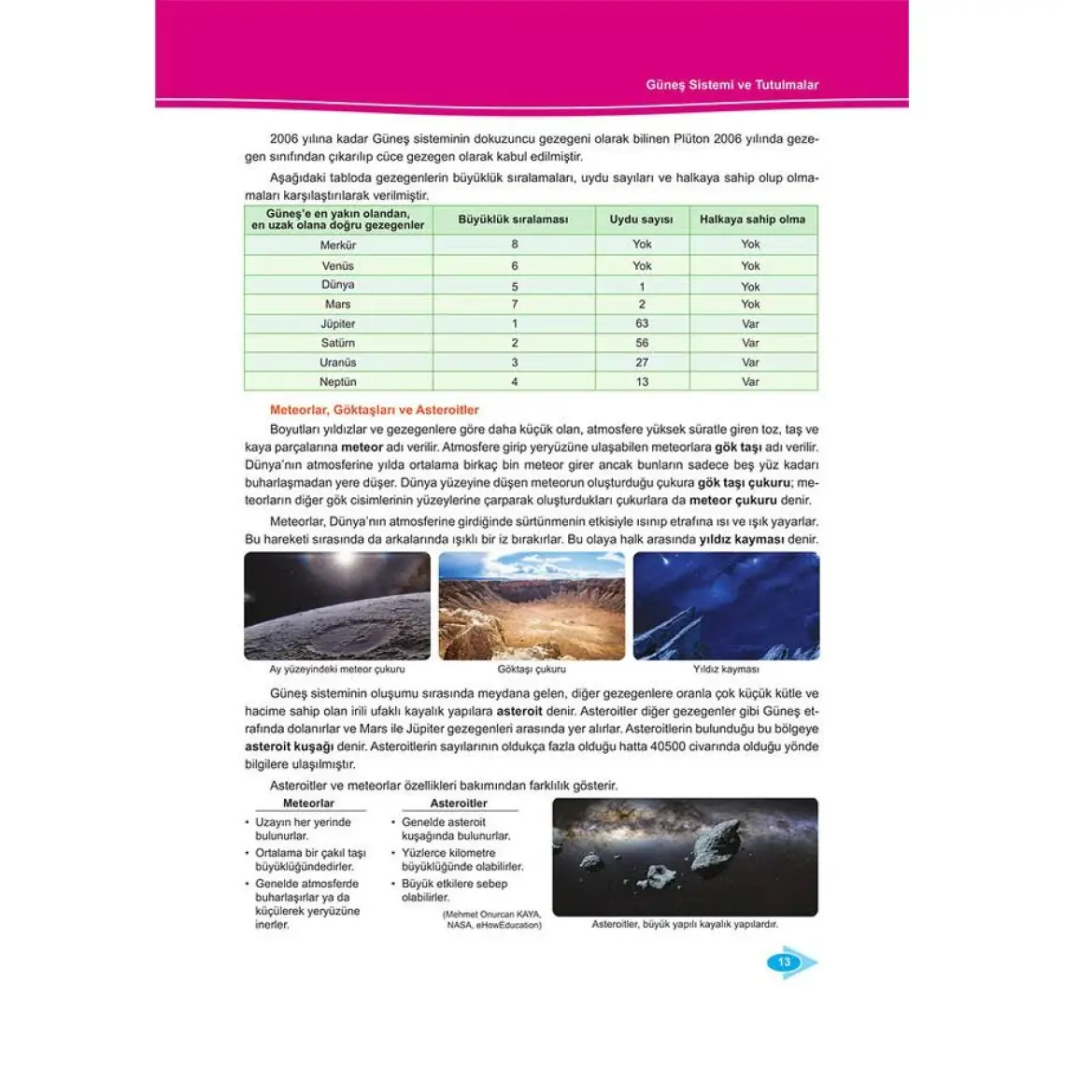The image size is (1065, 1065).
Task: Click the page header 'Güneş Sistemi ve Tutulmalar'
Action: point(731,85)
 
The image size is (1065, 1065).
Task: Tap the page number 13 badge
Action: point(785,962)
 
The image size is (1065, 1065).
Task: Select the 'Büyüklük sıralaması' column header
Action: point(513,220)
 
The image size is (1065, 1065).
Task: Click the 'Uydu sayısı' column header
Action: point(641,220)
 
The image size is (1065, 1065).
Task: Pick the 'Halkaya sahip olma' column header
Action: point(752,220)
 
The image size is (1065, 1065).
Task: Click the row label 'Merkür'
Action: point(337,245)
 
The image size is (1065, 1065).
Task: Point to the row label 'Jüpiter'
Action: point(337,324)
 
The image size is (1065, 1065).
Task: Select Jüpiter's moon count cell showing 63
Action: point(642,324)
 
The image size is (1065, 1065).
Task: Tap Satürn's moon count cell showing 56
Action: point(642,343)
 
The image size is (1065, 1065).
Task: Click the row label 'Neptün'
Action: point(337,382)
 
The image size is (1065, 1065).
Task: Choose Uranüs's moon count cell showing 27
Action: point(642,362)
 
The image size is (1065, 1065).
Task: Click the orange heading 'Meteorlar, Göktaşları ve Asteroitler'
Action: point(375,410)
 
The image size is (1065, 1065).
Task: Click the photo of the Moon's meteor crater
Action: point(337,605)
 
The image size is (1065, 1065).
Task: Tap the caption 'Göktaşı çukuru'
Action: point(532,669)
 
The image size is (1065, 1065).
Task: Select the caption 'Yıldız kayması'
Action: point(726,669)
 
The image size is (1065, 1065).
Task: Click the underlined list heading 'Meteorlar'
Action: point(308,803)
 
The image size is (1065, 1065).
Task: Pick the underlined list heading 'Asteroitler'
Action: point(459,803)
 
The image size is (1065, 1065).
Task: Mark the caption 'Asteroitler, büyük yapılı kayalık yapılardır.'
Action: point(685,925)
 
